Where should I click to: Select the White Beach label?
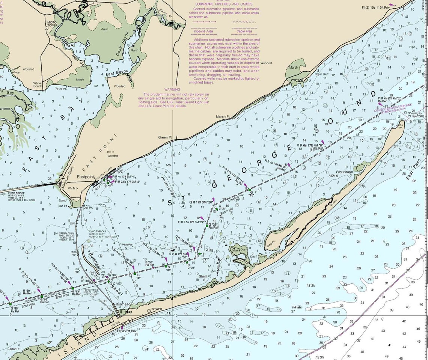point(38,84)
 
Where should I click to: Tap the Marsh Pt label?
point(223,116)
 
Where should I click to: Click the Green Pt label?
point(165,137)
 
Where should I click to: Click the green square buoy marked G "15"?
point(250,190)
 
